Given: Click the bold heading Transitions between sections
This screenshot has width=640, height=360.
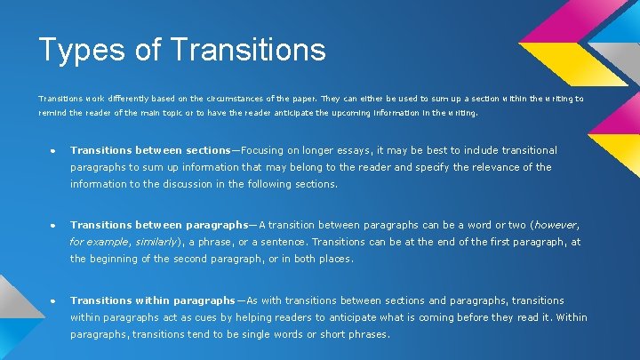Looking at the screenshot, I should (x=150, y=150).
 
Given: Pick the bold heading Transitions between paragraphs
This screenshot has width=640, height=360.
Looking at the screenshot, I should (x=159, y=225).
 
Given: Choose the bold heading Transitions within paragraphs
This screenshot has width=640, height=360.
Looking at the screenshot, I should (x=153, y=300).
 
